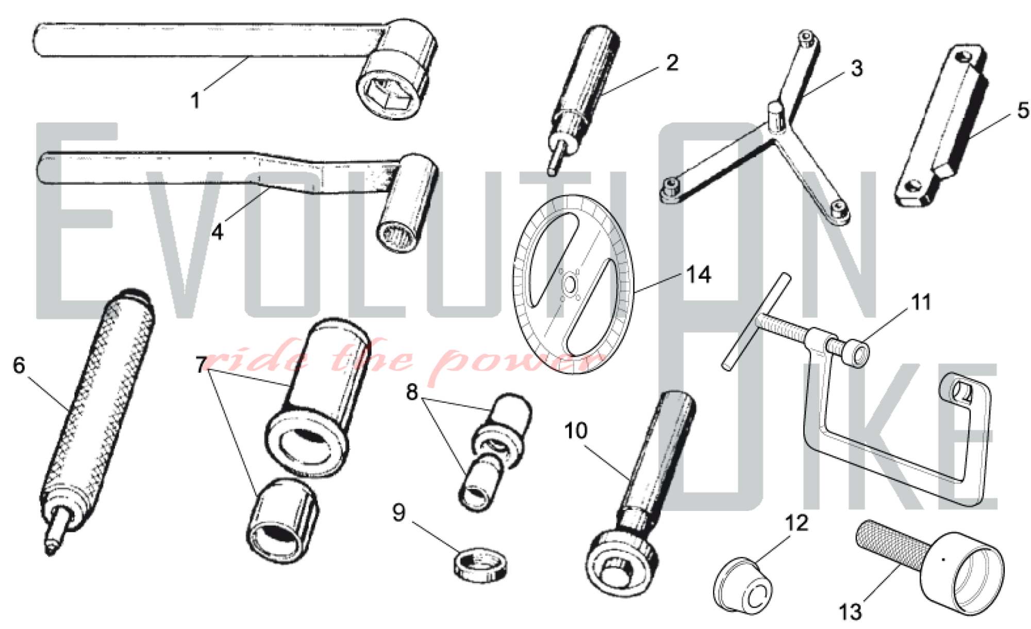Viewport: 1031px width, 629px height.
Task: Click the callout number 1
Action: coord(195,100)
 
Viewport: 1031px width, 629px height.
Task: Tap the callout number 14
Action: coord(699,275)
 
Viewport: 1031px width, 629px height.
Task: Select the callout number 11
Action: coord(921,302)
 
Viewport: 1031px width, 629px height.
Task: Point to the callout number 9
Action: coord(398,512)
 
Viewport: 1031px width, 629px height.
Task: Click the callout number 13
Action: coord(850,612)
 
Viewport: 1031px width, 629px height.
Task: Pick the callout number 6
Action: coord(19,365)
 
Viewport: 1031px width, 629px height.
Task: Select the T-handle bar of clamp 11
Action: coord(756,321)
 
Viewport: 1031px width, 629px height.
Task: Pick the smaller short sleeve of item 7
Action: coord(282,520)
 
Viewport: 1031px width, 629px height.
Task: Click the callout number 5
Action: coord(1023,110)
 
